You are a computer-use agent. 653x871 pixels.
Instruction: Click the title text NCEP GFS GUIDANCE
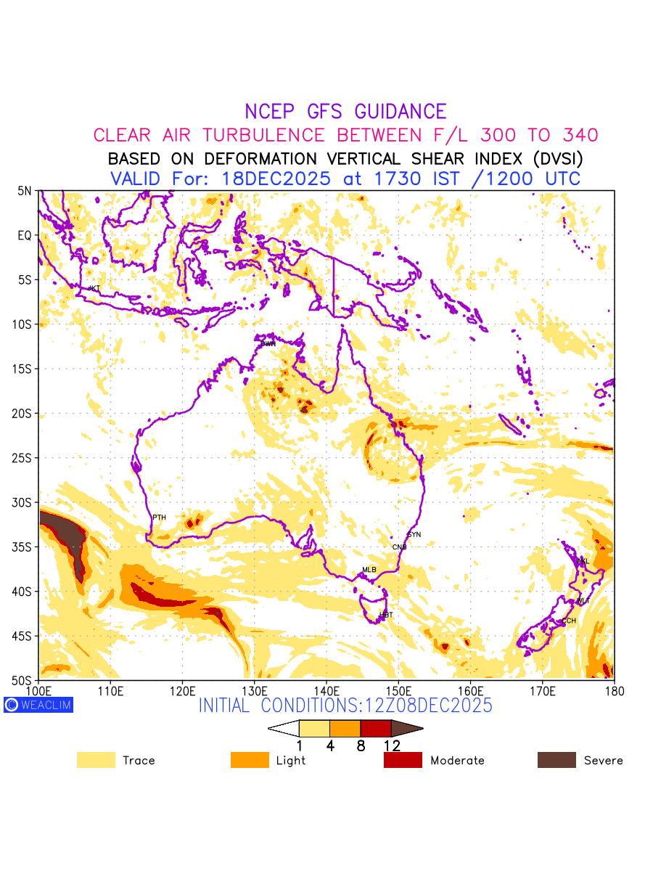click(345, 112)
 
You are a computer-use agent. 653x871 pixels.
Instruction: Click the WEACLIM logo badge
click(38, 705)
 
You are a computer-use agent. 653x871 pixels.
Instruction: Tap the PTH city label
click(159, 518)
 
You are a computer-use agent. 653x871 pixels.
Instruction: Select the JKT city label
click(94, 289)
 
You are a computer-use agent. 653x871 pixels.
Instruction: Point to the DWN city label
click(268, 343)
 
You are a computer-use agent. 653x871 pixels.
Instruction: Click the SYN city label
click(414, 535)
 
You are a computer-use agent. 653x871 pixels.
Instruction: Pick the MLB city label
click(369, 570)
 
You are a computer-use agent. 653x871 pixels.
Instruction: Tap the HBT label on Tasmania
click(386, 616)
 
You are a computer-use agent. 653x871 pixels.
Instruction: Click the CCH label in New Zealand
click(569, 621)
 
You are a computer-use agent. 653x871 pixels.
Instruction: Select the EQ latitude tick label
click(25, 235)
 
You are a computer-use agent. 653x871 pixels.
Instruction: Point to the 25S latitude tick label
click(24, 458)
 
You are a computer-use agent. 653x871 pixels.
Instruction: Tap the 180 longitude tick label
click(615, 690)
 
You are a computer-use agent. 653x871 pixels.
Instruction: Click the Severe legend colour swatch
click(557, 761)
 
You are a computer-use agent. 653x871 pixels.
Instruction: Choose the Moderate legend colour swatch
click(403, 761)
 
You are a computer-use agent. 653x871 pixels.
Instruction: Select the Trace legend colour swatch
click(96, 761)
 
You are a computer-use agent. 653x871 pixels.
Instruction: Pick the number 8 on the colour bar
click(361, 745)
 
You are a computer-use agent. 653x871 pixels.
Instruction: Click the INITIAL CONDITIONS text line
click(345, 706)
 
